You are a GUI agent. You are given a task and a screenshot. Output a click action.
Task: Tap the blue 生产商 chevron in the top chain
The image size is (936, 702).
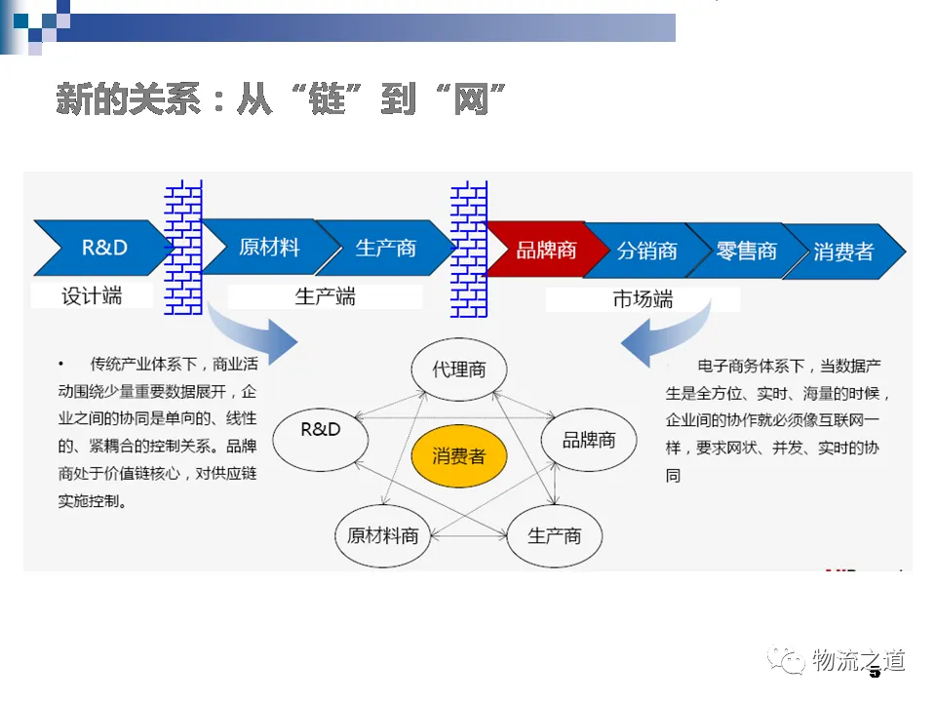coord(385,248)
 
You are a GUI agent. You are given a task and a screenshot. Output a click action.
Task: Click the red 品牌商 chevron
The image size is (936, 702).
coord(545,250)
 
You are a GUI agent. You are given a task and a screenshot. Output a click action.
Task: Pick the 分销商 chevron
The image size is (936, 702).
coord(646,251)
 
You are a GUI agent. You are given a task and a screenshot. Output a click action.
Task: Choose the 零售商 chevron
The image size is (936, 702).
coord(746,251)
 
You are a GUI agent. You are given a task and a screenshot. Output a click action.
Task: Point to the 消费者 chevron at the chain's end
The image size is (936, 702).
coord(844,252)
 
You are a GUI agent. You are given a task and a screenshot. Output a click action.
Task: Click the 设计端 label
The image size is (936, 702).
coord(92,295)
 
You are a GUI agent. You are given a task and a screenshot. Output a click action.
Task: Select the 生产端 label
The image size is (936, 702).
coord(325,296)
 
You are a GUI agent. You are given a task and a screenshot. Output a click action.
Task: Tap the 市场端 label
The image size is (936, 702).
coord(643,299)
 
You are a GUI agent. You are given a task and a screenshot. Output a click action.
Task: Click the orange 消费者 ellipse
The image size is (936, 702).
coord(458,455)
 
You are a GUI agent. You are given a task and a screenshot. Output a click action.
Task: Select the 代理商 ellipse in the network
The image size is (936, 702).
coord(458,370)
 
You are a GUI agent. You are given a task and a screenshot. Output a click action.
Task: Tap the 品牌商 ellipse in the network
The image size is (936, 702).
coord(589,440)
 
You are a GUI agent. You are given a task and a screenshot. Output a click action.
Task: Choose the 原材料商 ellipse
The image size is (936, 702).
coord(382,535)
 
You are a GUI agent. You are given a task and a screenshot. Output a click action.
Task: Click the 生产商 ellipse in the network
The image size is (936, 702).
coord(554,535)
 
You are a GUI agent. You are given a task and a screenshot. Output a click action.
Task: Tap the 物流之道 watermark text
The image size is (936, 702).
coord(858,660)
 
